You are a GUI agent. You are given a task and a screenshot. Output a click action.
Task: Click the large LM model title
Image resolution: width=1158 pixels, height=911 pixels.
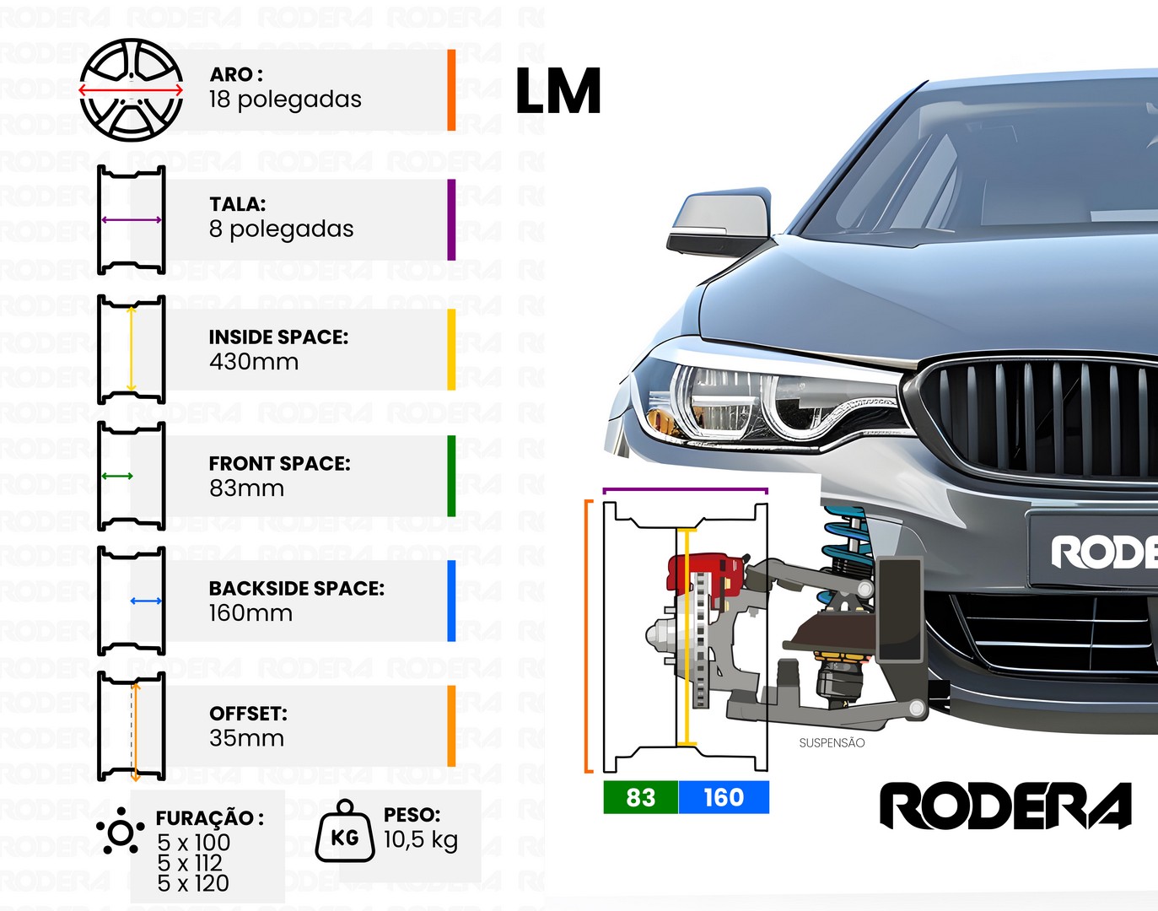coord(558,91)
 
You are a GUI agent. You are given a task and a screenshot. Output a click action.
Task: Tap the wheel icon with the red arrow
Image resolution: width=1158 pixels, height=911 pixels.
coord(131,90)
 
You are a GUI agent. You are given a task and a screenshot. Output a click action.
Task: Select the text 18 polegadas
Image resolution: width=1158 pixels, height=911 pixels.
coord(285,100)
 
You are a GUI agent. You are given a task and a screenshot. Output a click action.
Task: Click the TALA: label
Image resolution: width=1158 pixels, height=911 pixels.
coord(237,204)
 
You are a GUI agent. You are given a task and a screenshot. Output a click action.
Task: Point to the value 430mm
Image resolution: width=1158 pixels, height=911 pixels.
coord(254,362)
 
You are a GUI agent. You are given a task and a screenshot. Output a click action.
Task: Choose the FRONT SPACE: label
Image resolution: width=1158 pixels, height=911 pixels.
coord(279,463)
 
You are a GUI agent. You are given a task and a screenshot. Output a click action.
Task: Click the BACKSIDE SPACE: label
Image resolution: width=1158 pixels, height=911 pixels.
coord(297,588)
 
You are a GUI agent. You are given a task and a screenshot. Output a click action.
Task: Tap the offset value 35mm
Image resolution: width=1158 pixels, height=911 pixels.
coord(246,738)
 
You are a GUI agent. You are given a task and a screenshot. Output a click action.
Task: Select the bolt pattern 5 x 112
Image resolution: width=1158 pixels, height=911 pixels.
coord(190,863)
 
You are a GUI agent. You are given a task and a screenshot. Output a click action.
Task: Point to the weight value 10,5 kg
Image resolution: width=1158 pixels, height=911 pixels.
coord(420,840)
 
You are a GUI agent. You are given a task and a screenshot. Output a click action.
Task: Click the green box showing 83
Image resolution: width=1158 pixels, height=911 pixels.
coord(641,797)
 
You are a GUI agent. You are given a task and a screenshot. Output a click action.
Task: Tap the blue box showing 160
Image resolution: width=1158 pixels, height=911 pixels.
coord(724,797)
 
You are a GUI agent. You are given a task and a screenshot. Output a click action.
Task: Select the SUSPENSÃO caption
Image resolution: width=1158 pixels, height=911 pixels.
coord(832,742)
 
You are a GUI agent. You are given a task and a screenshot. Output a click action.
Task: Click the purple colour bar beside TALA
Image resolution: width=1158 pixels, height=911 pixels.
coord(451,220)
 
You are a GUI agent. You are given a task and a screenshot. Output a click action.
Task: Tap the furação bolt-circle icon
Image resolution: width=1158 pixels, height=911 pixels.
coord(121,831)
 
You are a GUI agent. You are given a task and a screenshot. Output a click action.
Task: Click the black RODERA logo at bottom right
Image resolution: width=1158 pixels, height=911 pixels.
coord(1005,806)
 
